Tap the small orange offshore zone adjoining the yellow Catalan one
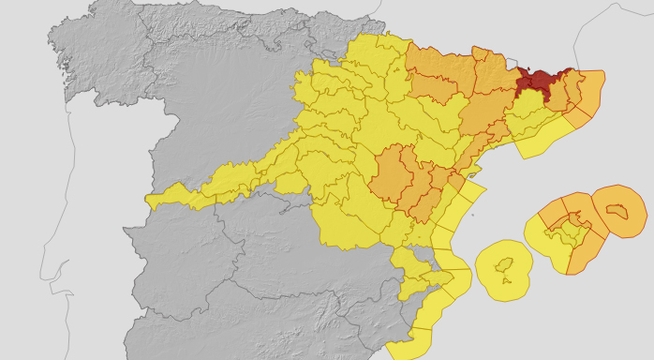pyautogui.click(x=576, y=117)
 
